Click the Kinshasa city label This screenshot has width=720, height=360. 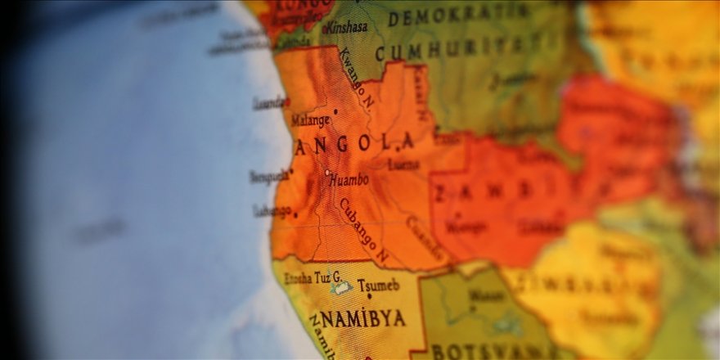tap(347, 27)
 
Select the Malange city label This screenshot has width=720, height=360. tap(311, 120)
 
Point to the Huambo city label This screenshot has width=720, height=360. tap(349, 179)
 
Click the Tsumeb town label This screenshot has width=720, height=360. tap(378, 286)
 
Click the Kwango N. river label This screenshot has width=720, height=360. tap(357, 79)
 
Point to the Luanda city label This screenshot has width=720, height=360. tap(268, 104)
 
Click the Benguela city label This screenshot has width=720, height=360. tap(268, 176)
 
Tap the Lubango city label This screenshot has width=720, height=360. tap(272, 211)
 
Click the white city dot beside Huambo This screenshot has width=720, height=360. tap(327, 173)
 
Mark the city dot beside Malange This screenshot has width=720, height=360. tap(335, 111)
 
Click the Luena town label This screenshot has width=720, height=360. tap(403, 164)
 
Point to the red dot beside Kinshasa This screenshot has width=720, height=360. tap(325, 31)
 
